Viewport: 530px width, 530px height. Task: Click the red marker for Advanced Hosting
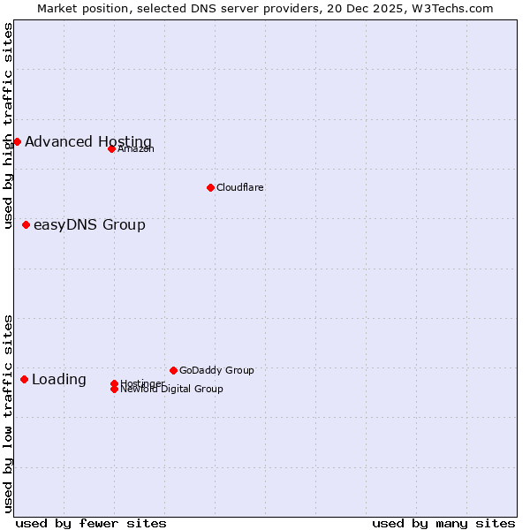click(17, 141)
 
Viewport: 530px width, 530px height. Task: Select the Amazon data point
click(111, 148)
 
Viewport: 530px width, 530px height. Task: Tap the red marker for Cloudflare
click(210, 187)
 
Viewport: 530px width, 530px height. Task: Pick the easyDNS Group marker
click(26, 224)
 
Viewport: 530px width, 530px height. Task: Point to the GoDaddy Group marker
click(173, 370)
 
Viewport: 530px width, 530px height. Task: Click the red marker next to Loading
click(24, 379)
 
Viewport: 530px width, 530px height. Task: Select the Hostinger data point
click(114, 383)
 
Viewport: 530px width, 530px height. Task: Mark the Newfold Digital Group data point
click(114, 390)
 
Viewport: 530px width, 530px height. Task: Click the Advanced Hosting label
click(88, 141)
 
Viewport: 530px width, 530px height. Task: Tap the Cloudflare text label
click(240, 187)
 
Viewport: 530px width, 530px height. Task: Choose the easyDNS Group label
click(89, 224)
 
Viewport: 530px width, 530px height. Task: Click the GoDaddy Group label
click(216, 370)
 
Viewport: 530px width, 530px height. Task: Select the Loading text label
click(59, 379)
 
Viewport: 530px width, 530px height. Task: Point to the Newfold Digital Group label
click(171, 389)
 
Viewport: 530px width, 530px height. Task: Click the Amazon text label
click(136, 148)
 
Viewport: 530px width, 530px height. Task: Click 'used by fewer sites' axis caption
click(91, 523)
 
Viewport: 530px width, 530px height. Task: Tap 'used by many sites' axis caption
click(443, 523)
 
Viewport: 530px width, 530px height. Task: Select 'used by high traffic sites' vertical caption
click(9, 125)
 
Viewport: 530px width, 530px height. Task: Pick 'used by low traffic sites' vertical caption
click(9, 413)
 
